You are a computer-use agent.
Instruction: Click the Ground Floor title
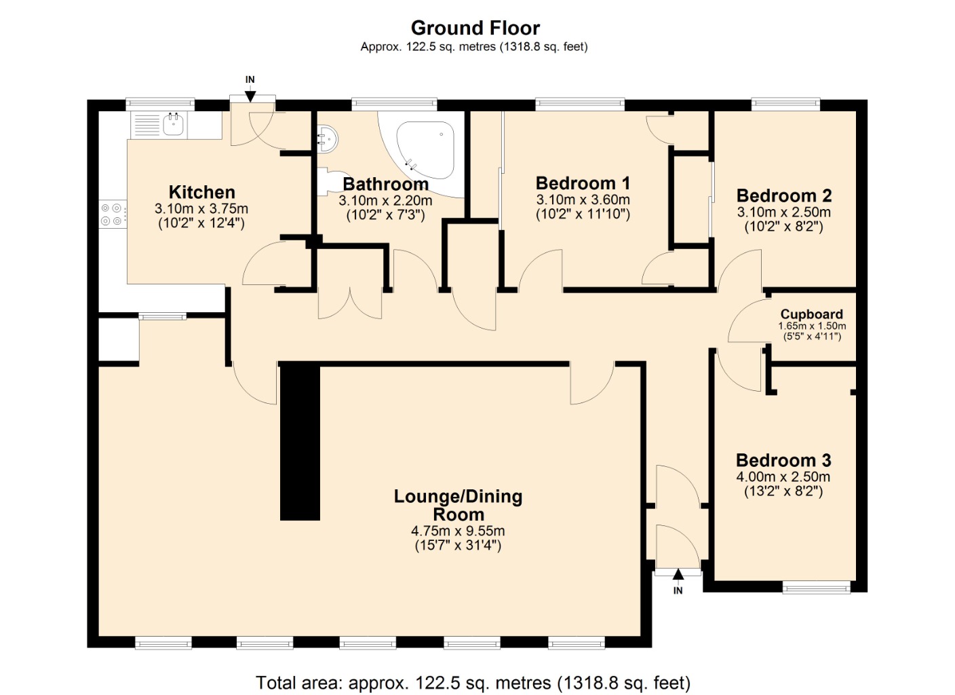click(475, 28)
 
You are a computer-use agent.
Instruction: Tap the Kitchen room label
click(201, 192)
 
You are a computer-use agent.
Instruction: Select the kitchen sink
click(174, 125)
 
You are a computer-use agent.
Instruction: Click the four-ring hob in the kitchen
click(112, 214)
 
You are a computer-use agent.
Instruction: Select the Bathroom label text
click(385, 184)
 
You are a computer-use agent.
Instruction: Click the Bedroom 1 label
click(583, 183)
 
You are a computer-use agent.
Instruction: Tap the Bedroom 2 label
click(783, 195)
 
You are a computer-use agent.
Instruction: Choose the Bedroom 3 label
click(783, 460)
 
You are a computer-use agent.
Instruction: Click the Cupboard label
click(811, 314)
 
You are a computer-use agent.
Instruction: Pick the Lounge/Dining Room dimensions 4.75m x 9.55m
click(458, 531)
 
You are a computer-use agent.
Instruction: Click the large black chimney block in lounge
click(300, 442)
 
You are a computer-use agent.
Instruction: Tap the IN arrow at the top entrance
click(250, 94)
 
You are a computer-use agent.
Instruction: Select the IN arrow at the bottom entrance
click(678, 576)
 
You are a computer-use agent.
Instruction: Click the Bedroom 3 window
click(816, 586)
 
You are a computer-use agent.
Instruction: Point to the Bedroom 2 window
click(785, 104)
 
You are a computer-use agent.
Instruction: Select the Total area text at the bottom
click(473, 682)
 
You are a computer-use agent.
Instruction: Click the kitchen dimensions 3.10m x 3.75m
click(201, 209)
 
